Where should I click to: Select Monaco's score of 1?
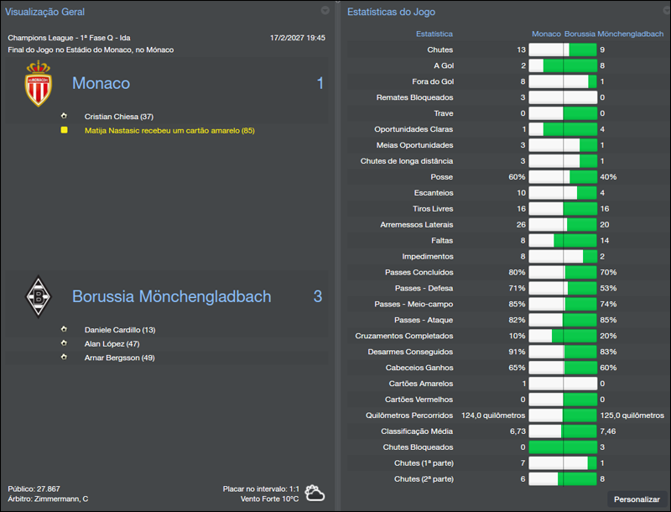(319, 83)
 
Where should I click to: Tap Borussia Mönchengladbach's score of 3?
(318, 296)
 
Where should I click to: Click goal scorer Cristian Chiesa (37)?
(118, 117)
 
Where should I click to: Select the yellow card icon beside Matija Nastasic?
(63, 131)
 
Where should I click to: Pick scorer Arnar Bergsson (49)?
(120, 358)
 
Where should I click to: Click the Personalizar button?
(637, 499)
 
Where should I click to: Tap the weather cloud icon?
(315, 494)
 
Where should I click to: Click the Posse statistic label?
(442, 177)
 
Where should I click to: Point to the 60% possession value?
(517, 177)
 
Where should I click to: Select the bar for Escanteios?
(563, 193)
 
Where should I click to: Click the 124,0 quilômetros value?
(493, 415)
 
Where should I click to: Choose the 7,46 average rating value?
(609, 431)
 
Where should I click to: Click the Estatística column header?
(434, 34)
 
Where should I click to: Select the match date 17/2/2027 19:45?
(298, 38)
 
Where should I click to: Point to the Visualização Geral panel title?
(44, 12)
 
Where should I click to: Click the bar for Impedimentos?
(563, 257)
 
